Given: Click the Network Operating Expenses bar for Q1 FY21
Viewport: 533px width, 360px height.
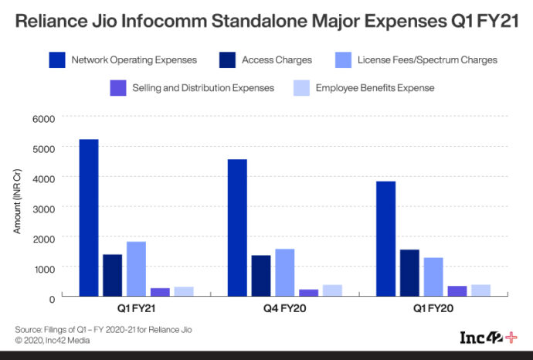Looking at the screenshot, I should (89, 218).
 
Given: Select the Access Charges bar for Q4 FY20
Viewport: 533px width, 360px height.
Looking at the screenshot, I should (261, 276).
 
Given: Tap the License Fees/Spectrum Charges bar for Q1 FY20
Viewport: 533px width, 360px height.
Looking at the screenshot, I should (433, 277).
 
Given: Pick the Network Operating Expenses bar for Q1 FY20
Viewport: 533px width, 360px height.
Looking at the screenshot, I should (385, 239).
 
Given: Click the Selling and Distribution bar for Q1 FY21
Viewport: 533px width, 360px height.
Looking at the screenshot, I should (160, 292).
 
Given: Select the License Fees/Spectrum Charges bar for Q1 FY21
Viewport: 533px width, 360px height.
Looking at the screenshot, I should (136, 269).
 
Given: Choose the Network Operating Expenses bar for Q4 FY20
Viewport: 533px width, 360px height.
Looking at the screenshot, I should (237, 228).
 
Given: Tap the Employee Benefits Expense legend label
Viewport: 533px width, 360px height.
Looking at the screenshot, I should (375, 88).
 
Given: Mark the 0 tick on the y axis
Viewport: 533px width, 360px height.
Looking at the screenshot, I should (52, 298).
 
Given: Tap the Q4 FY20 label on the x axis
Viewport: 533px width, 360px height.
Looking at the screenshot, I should (285, 309).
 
